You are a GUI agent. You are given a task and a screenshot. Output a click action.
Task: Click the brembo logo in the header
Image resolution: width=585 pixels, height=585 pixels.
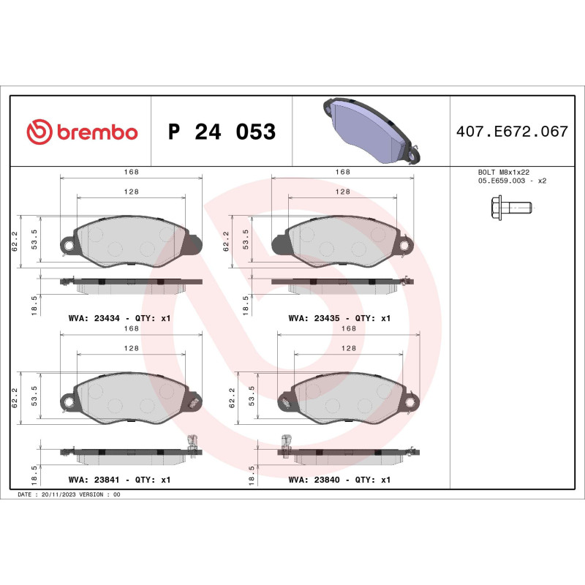click(82, 132)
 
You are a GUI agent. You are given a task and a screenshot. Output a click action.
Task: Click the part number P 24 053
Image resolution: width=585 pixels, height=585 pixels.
click(222, 132)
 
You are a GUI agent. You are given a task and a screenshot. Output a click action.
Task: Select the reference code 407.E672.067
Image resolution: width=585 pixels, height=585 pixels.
click(511, 132)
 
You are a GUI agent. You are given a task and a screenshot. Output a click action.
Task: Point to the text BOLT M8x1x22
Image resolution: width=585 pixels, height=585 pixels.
click(503, 173)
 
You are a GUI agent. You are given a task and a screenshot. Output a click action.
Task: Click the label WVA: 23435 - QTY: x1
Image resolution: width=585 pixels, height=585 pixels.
click(340, 318)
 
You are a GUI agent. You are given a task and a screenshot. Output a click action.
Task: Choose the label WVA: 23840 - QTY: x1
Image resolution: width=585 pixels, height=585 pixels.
click(340, 480)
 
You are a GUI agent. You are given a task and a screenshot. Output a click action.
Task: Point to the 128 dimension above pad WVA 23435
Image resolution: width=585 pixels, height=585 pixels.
click(342, 191)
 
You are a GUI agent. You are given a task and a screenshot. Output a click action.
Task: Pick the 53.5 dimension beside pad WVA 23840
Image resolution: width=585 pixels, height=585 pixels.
click(252, 396)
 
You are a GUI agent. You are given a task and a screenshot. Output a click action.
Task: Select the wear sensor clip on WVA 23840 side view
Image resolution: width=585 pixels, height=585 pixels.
click(284, 442)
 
